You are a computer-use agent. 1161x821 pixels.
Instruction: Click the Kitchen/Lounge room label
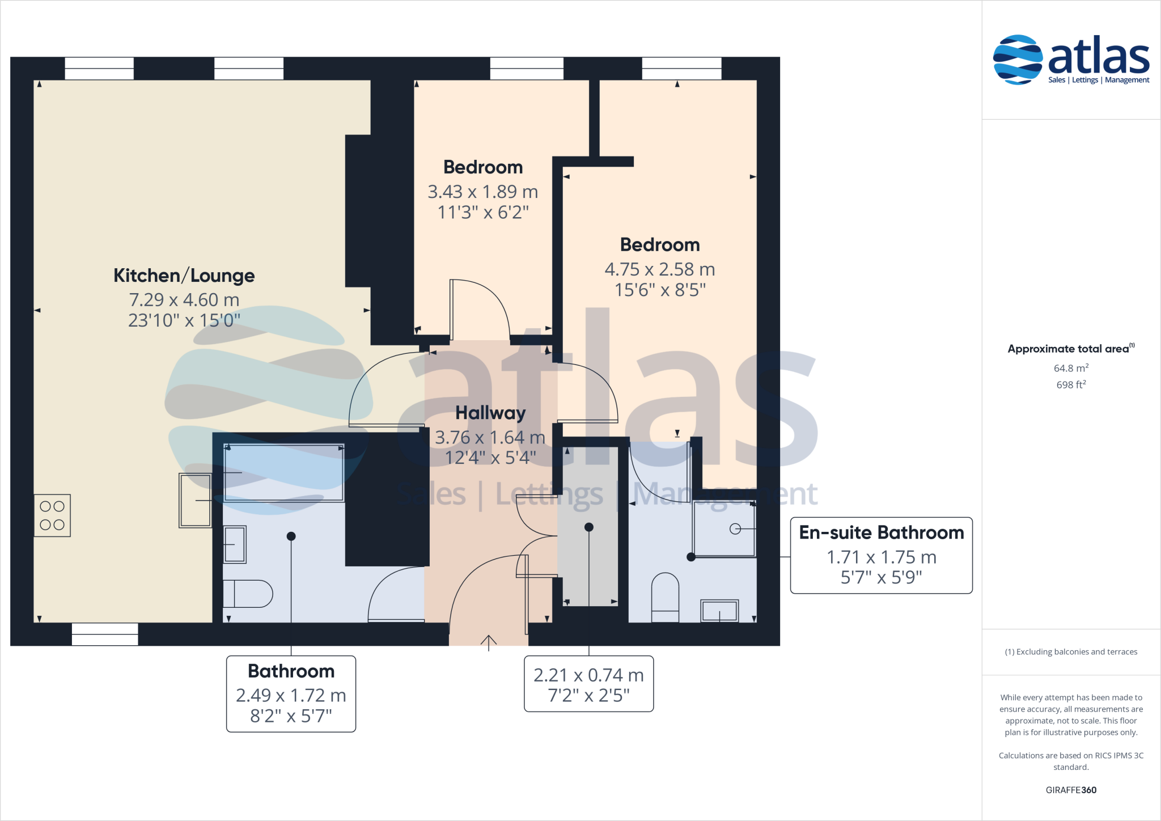coord(184,276)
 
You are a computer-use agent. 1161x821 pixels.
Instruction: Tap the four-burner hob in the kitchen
coord(52,515)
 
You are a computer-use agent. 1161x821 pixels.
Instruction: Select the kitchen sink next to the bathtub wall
coord(195,500)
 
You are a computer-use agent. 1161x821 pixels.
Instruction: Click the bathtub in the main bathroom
coord(283,472)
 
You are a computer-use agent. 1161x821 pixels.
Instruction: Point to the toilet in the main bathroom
coord(248,594)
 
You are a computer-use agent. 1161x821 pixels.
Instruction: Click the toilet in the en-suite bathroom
coord(665,597)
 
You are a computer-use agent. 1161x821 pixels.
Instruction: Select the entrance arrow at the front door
coord(489,642)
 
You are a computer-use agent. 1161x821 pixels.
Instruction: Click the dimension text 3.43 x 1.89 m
coord(482,192)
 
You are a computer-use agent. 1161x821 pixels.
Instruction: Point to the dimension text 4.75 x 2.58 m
coord(659,269)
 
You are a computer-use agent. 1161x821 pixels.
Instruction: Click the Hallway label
coord(490,413)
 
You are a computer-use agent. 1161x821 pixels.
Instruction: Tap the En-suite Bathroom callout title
coord(881,532)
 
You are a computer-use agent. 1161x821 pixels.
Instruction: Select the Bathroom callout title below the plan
coord(291,671)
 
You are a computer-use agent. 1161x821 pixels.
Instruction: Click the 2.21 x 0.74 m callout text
coord(588,675)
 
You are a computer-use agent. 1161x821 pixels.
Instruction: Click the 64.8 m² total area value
coord(1070,369)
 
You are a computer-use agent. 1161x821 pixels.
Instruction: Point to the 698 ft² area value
coord(1070,385)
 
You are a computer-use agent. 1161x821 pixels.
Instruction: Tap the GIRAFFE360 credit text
coord(1070,790)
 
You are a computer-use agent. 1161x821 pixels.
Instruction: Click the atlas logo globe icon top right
coord(1018,60)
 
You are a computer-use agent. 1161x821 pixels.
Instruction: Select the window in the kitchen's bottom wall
coord(105,634)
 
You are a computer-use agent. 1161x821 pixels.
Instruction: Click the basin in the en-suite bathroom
coord(719,611)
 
